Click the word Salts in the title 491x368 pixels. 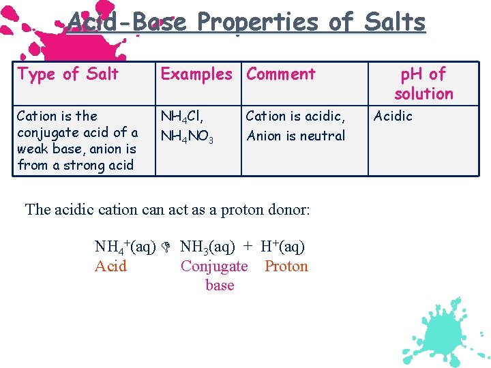pos(395,22)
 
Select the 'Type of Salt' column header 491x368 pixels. pos(68,74)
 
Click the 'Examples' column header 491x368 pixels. pos(196,74)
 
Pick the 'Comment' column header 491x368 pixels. pos(281,74)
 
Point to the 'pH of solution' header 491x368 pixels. pos(423,83)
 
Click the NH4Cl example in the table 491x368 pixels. pos(181,117)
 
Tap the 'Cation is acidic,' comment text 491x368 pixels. pos(295,116)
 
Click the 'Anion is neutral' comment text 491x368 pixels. pos(296,136)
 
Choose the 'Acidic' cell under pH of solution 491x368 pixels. pos(393,116)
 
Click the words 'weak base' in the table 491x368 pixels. pos(44,149)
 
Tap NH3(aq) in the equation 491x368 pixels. pos(207,246)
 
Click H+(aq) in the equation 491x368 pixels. pos(282,246)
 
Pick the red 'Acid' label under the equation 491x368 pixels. pos(110,266)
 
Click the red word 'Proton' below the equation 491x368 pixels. pos(286,266)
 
